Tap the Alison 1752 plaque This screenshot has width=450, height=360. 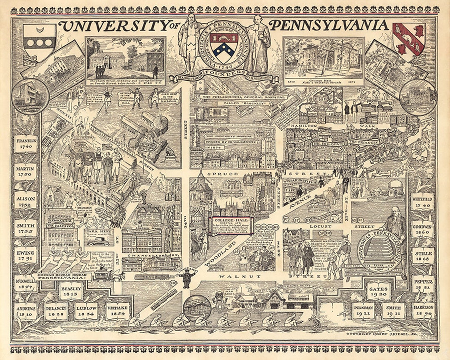pos(26,200)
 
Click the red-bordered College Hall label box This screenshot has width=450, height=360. pos(231,225)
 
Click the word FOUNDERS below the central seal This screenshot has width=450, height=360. pos(224,72)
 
